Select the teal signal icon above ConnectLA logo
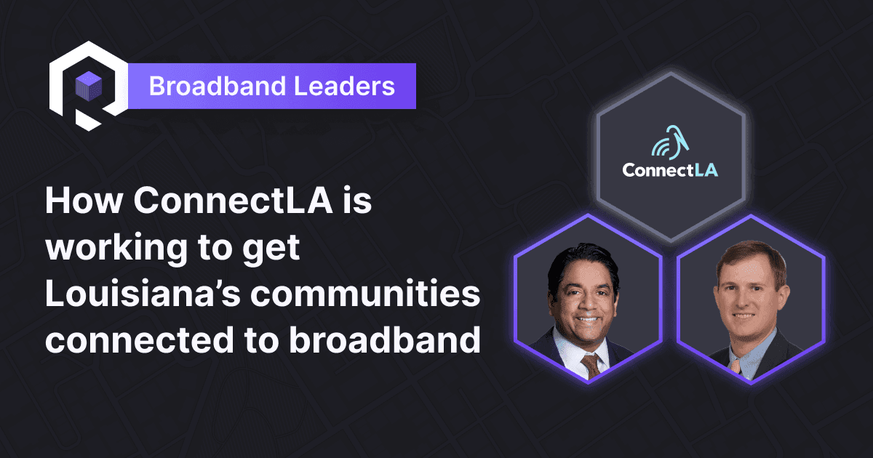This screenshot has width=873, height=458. click(667, 140)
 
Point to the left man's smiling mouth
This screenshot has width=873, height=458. click(586, 321)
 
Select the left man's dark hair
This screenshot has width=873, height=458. click(582, 258)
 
